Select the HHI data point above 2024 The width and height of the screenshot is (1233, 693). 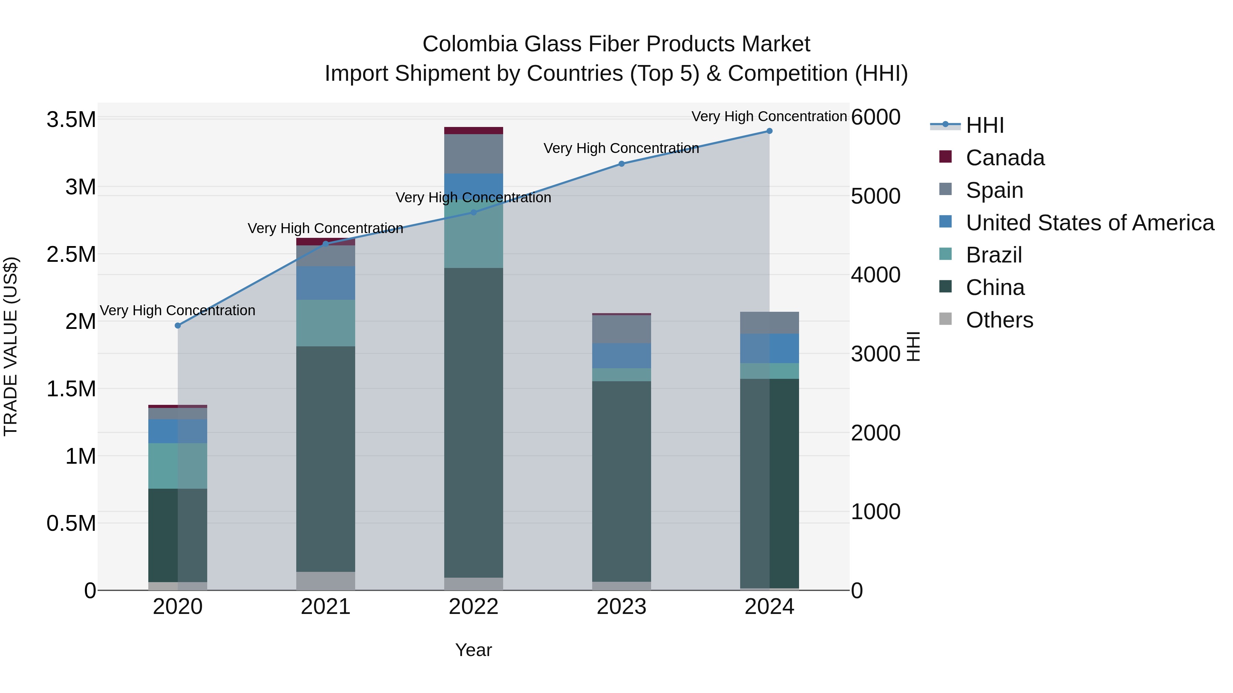pos(769,131)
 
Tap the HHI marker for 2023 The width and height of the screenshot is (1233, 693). pos(621,164)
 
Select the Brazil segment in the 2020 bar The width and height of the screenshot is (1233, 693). pos(177,465)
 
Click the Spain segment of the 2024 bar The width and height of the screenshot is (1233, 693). pos(769,323)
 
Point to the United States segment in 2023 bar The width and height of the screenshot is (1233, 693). pos(621,355)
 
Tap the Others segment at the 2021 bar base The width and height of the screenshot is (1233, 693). pos(325,581)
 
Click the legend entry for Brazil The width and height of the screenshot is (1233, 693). pos(994,255)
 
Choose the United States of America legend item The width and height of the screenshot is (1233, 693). pos(1089,222)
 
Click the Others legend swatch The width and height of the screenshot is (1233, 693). pos(945,319)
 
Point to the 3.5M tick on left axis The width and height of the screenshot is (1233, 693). pos(71,119)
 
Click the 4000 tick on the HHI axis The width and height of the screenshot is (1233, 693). pos(875,275)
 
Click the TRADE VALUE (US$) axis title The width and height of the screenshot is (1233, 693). pos(11,346)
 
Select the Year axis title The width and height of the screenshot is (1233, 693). pos(473,650)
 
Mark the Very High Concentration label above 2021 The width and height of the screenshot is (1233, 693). pos(325,228)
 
